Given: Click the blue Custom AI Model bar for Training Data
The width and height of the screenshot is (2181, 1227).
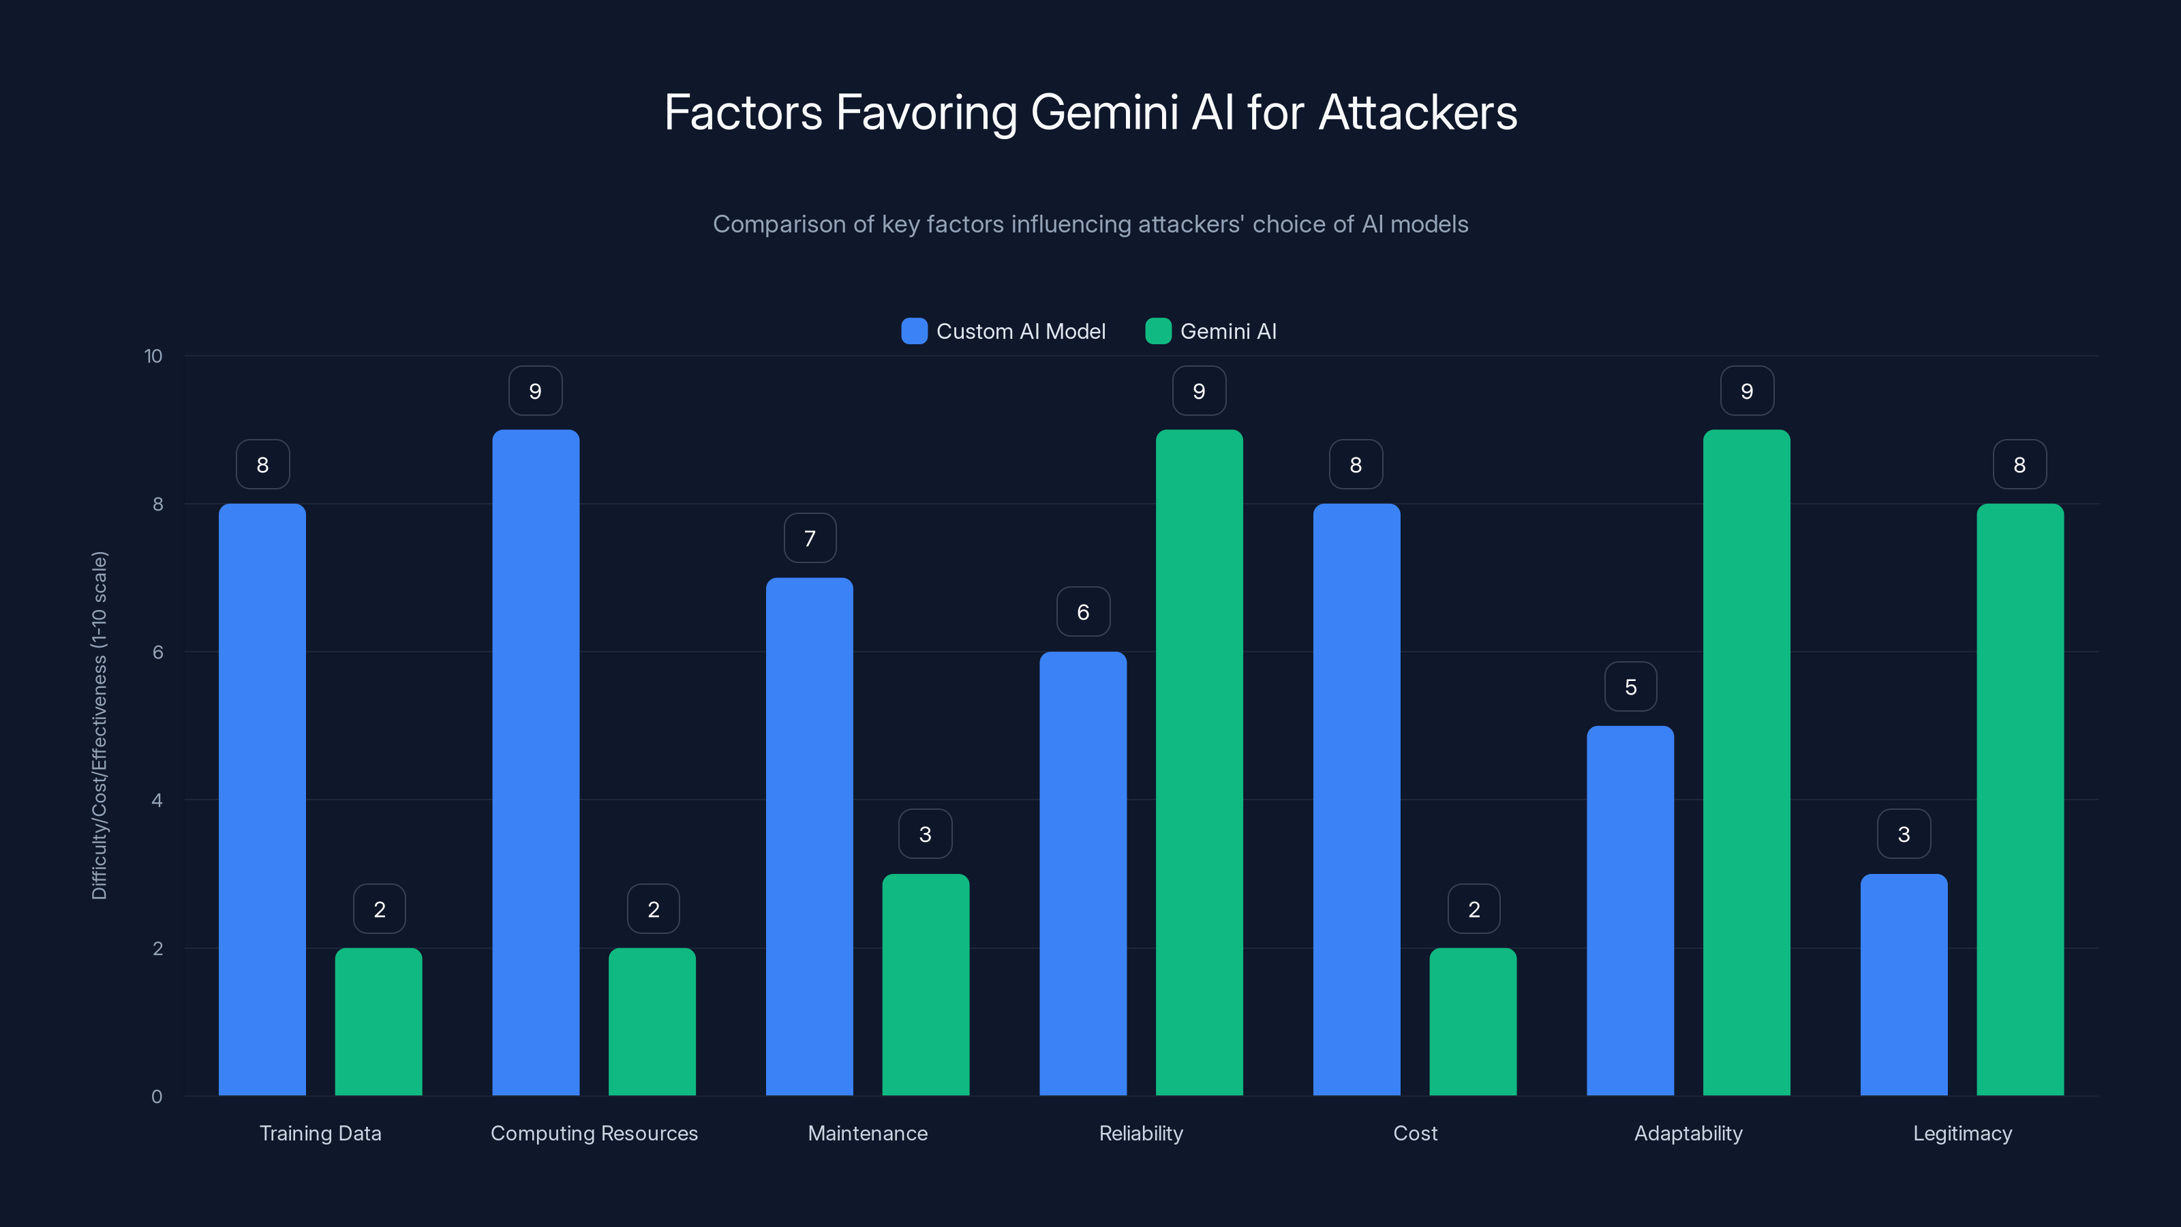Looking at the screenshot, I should tap(262, 800).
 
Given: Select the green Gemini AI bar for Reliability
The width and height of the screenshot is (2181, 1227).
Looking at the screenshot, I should tap(1199, 762).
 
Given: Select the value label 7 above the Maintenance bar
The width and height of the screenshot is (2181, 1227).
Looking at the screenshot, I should tap(810, 539).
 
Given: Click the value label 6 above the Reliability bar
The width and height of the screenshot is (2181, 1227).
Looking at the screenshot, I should tap(1083, 612).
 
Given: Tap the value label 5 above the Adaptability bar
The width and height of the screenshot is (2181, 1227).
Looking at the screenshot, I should tap(1631, 686).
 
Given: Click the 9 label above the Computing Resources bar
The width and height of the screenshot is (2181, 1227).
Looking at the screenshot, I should tap(535, 391).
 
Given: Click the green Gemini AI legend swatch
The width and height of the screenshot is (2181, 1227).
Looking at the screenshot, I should tap(1157, 331).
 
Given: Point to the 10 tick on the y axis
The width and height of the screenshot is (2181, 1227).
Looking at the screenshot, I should tap(153, 356).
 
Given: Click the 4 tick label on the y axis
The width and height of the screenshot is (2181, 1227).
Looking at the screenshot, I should tap(157, 800).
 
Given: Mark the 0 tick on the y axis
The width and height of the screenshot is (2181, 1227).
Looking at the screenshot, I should tap(157, 1097).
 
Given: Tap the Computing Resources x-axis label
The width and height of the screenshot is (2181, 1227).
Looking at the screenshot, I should tap(594, 1133).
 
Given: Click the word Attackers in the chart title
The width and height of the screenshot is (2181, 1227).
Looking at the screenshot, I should tap(1418, 112).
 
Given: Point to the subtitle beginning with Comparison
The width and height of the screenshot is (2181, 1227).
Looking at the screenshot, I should tap(1090, 224).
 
